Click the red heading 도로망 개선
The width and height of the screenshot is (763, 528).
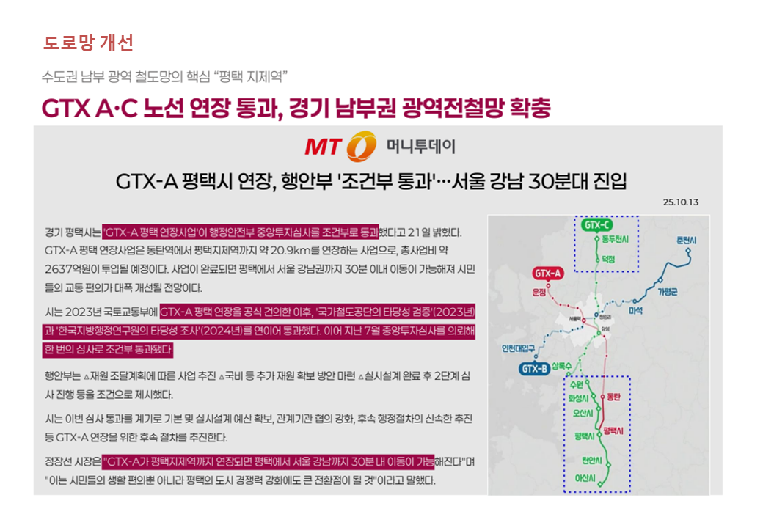[88, 43]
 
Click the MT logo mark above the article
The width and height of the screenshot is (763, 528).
[341, 147]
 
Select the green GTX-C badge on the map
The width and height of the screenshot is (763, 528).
[596, 224]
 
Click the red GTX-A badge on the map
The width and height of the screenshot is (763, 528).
[547, 274]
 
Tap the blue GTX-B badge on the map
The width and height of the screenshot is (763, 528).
[534, 368]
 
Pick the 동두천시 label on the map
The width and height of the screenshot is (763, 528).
[615, 240]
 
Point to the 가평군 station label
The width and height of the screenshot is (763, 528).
[668, 292]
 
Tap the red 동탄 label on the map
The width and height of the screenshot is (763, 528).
[613, 397]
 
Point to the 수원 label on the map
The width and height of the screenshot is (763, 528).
[576, 384]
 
